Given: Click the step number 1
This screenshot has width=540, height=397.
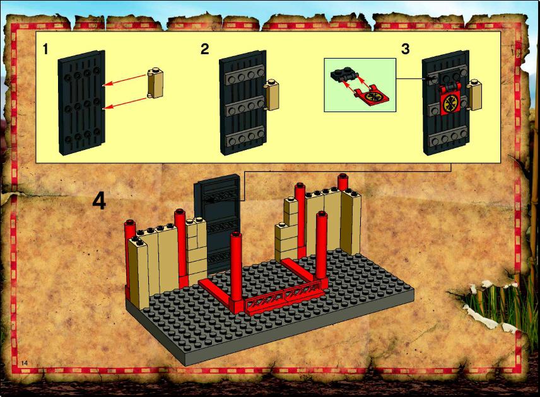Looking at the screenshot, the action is (45, 49).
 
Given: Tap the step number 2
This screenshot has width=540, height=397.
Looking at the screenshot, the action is (204, 49).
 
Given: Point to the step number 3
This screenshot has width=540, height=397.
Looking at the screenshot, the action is (406, 49).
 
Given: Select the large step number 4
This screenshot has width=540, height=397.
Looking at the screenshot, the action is (99, 200).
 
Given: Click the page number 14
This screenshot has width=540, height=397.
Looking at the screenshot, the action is (24, 363).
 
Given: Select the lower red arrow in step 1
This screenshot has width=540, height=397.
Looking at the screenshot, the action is (126, 103).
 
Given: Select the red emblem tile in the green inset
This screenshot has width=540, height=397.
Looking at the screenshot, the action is (373, 96).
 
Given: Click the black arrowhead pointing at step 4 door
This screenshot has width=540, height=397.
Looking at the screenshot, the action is (209, 199).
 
